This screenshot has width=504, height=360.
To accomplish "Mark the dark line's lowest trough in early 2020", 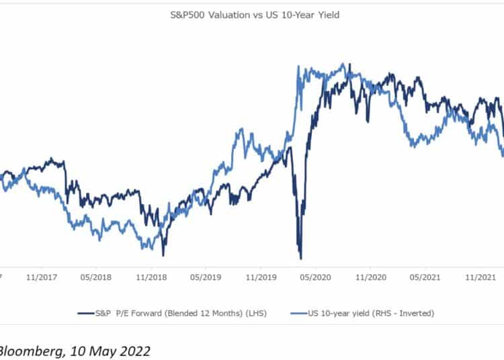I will [x=300, y=258].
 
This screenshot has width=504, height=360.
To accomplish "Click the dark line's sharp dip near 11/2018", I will [x=163, y=255].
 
